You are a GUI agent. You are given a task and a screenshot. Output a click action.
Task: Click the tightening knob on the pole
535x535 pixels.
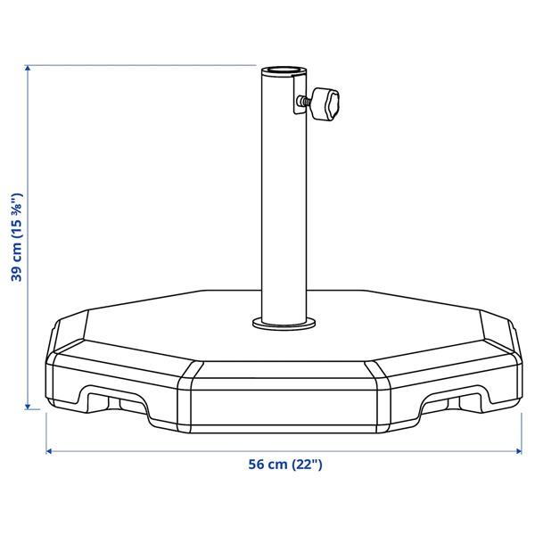(x=325, y=104)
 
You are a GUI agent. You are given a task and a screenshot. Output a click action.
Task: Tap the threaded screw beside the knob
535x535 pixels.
(x=304, y=100)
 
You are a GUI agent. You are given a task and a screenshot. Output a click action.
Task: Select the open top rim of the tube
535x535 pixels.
(x=284, y=71)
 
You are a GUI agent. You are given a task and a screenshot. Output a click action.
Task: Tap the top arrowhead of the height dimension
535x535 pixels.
(x=28, y=68)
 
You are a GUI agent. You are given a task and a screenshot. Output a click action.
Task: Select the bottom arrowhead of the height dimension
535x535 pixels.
(x=28, y=407)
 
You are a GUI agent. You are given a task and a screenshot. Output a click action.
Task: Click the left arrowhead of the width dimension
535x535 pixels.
(x=49, y=451)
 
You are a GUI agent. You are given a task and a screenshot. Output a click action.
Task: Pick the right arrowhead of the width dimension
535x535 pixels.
(x=519, y=451)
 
